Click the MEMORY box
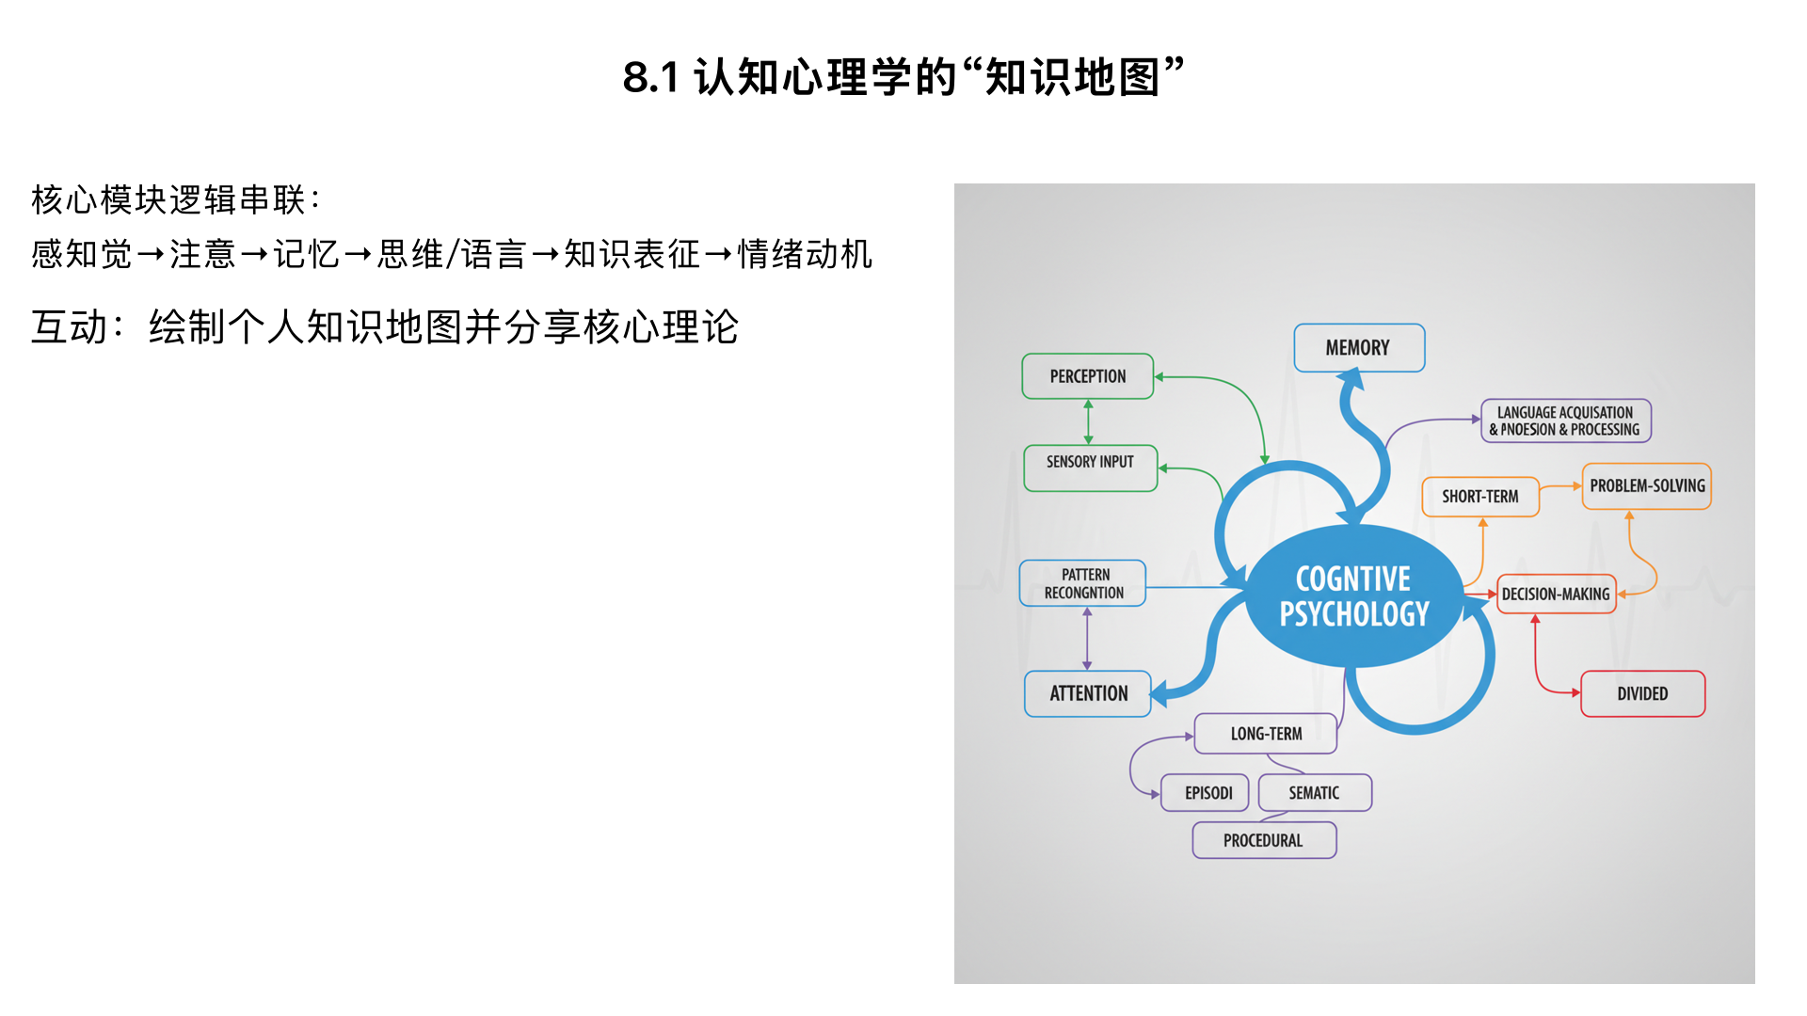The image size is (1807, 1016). [x=1358, y=348]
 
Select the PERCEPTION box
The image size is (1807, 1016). [x=1087, y=376]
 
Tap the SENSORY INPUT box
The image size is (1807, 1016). [x=1090, y=468]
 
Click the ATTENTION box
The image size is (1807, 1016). [x=1087, y=693]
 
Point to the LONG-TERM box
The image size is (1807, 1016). [x=1266, y=734]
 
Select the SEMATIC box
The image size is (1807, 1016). [x=1315, y=793]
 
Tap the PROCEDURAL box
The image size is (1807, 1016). [x=1264, y=840]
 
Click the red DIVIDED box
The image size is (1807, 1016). [x=1642, y=693]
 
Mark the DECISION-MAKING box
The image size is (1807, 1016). [x=1556, y=595]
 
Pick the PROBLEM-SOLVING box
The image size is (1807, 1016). [x=1646, y=486]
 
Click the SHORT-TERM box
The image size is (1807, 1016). [x=1479, y=497]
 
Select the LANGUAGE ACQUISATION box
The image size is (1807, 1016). [x=1565, y=421]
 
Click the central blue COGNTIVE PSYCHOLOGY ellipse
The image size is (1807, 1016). [x=1353, y=596]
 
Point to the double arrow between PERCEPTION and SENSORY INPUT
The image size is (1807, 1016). [x=1088, y=421]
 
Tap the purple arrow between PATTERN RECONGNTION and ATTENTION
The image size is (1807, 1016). [x=1087, y=639]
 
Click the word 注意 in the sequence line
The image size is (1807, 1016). [x=202, y=254]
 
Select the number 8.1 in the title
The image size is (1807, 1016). [x=650, y=77]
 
